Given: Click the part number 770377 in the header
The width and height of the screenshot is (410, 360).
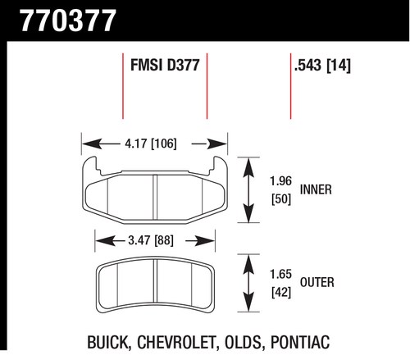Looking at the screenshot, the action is (x=68, y=21).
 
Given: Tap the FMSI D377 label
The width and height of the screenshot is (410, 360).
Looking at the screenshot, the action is (x=165, y=65).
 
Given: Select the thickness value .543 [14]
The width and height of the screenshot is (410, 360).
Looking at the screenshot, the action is (x=322, y=66).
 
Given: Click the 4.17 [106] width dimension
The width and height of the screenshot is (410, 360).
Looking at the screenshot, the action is (x=151, y=144).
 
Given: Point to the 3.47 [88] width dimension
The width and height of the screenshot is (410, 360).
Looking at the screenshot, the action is (x=151, y=240).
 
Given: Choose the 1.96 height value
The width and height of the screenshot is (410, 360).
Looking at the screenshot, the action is (x=280, y=181).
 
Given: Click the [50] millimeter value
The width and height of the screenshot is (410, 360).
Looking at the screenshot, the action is (x=281, y=199).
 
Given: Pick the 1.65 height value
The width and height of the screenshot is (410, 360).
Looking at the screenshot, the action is (x=280, y=274).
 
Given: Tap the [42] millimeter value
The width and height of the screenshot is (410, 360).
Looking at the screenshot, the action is (x=281, y=293).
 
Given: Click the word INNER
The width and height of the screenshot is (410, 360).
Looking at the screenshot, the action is (x=316, y=189).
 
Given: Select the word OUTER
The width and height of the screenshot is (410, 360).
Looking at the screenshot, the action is (x=317, y=282).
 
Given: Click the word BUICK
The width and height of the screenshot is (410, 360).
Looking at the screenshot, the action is (x=107, y=343).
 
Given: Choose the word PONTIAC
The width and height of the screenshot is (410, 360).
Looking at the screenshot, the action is (x=300, y=342).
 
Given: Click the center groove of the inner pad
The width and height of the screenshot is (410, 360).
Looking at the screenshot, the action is (x=155, y=197).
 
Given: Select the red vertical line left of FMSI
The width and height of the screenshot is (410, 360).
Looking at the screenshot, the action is (x=123, y=86).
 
